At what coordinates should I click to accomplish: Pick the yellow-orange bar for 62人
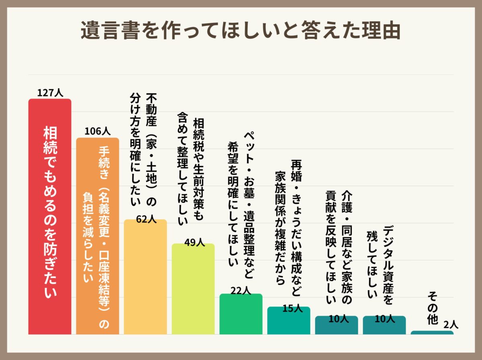pos(145,281)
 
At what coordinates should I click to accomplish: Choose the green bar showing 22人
pos(241,315)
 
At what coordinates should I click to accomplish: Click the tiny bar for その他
pos(432,333)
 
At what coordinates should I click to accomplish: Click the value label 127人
pos(50,93)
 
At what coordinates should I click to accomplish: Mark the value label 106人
pos(97,131)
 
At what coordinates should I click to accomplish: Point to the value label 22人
pos(241,290)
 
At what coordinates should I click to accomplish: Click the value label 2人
pos(451,325)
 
